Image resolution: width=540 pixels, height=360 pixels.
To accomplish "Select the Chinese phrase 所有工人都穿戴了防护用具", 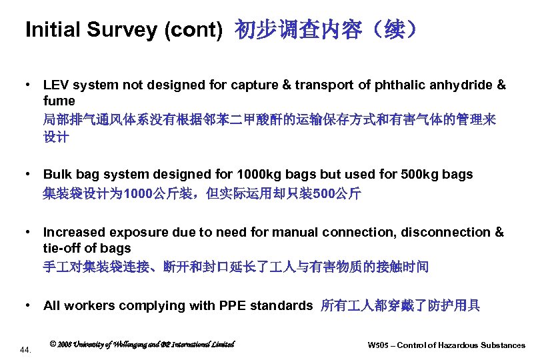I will pos(400,306).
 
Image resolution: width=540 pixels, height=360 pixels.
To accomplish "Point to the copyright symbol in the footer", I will pos(53,345).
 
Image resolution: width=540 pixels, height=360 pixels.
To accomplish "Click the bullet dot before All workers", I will pos(29,306).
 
